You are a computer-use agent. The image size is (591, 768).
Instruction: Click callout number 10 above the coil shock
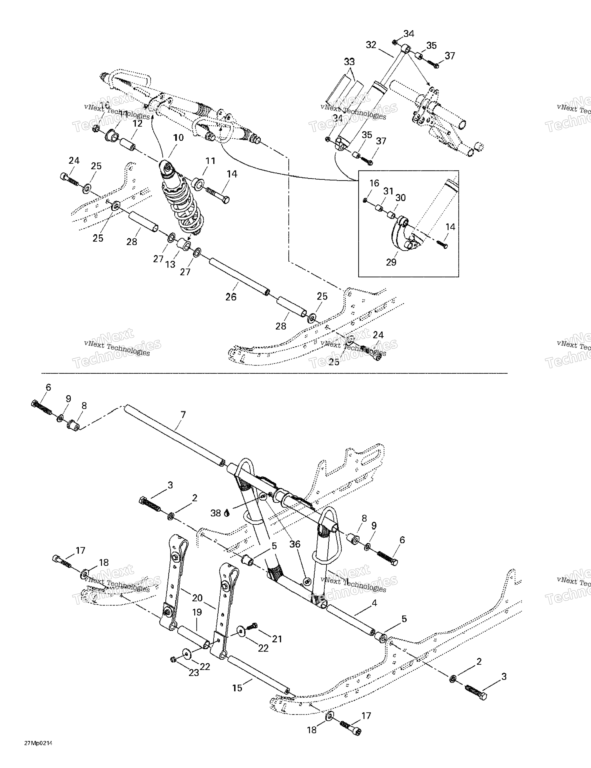coord(178,137)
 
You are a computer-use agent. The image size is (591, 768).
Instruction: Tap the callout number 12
coord(137,124)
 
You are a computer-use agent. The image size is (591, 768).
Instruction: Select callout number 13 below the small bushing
coord(170,264)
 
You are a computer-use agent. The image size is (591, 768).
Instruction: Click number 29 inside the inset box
coord(391,262)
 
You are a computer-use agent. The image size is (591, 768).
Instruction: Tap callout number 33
coord(349,62)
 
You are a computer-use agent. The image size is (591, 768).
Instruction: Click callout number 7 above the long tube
coord(183,415)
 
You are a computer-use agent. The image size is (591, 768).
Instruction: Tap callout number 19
coord(197,612)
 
